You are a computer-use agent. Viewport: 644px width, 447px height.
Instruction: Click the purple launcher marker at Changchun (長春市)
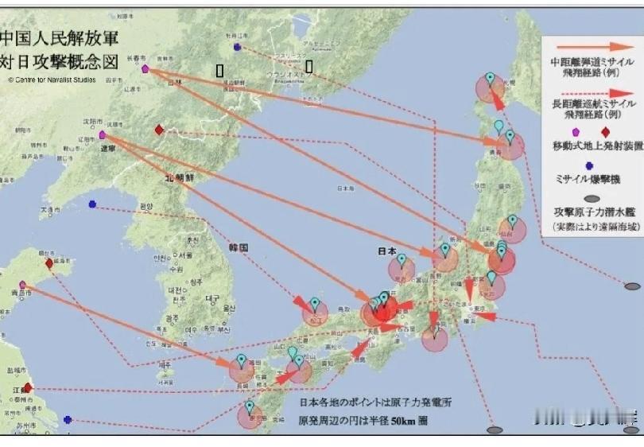145,69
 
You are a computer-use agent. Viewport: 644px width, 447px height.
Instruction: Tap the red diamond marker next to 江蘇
28,387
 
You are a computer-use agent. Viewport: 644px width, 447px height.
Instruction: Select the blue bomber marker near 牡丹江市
237,47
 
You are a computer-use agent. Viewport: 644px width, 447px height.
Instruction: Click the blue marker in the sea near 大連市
92,204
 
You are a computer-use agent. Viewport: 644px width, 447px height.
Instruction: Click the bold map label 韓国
239,247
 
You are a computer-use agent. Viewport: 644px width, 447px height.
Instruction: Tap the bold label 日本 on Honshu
387,251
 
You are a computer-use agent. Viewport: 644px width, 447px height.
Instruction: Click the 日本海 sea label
345,189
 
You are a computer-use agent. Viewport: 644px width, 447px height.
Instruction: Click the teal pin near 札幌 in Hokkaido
490,78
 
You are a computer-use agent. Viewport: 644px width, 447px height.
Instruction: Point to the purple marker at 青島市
23,285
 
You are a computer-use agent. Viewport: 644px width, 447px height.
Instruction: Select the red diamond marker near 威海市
49,263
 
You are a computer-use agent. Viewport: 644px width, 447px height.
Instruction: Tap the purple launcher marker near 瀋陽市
103,135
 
